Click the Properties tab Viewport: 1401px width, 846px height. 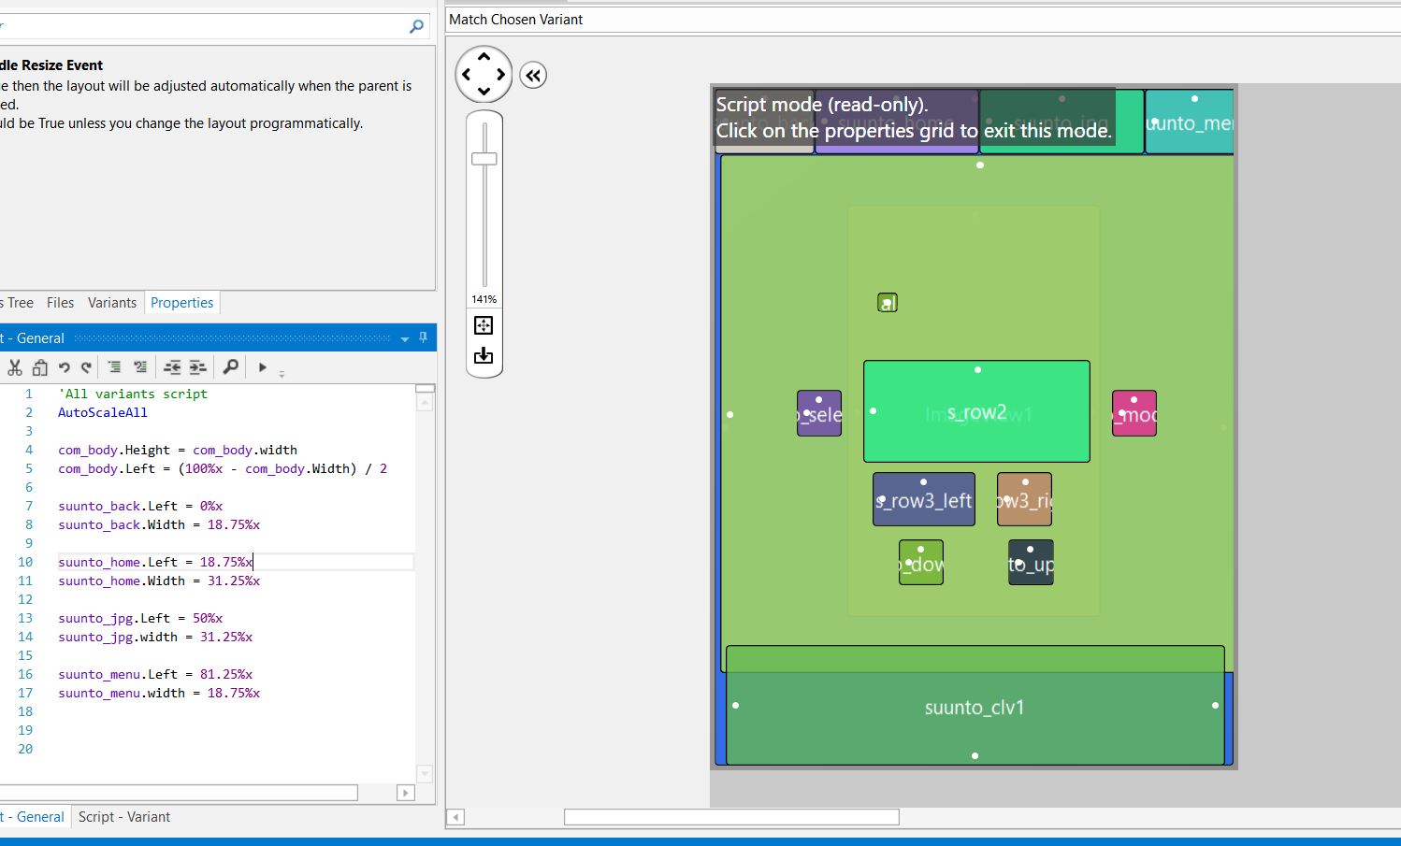click(x=181, y=303)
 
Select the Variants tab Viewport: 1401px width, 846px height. click(x=112, y=303)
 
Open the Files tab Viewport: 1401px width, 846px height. click(x=60, y=303)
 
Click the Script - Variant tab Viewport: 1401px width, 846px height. click(x=124, y=817)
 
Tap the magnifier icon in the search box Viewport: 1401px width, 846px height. click(x=416, y=27)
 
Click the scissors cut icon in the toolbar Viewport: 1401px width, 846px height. click(x=15, y=367)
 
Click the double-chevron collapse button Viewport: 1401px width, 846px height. click(x=533, y=76)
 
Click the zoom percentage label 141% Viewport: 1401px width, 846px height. click(x=484, y=299)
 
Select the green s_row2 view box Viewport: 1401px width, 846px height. click(x=976, y=411)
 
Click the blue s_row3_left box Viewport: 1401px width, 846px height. click(x=923, y=500)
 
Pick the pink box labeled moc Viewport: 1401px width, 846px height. click(x=1134, y=414)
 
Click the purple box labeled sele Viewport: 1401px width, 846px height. click(x=819, y=414)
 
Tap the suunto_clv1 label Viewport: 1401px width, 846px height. click(x=975, y=708)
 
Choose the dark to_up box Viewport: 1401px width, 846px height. click(x=1031, y=563)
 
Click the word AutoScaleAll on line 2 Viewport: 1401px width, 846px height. click(x=103, y=412)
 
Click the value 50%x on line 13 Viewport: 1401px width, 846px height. click(x=208, y=618)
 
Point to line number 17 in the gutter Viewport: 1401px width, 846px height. click(x=25, y=693)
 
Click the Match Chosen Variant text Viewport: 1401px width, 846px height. click(x=516, y=20)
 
